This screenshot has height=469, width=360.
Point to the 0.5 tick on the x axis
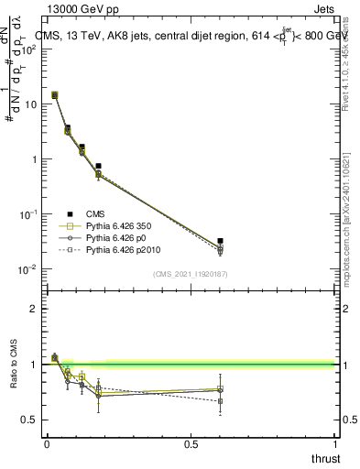click(x=191, y=444)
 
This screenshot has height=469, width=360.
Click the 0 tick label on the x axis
click(x=47, y=444)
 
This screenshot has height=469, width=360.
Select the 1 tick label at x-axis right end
click(x=335, y=444)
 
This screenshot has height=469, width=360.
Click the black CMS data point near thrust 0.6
click(x=220, y=241)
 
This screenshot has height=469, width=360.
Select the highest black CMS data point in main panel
click(x=55, y=94)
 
